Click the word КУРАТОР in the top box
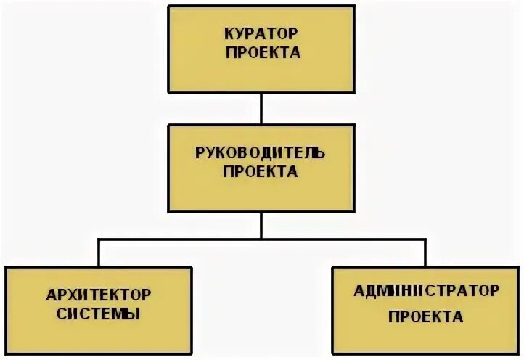point(262,33)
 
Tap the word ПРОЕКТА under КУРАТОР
point(262,52)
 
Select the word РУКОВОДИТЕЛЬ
point(261,153)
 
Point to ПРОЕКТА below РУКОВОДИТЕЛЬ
point(261,172)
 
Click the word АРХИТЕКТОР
point(99,295)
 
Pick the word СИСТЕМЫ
point(99,314)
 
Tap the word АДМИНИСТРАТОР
point(426,291)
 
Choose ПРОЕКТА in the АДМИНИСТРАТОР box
point(426,317)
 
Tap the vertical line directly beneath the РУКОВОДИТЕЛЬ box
point(261,224)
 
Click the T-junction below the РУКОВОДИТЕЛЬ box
point(261,238)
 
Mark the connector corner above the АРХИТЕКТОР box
point(99,238)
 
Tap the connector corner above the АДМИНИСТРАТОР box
point(426,238)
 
